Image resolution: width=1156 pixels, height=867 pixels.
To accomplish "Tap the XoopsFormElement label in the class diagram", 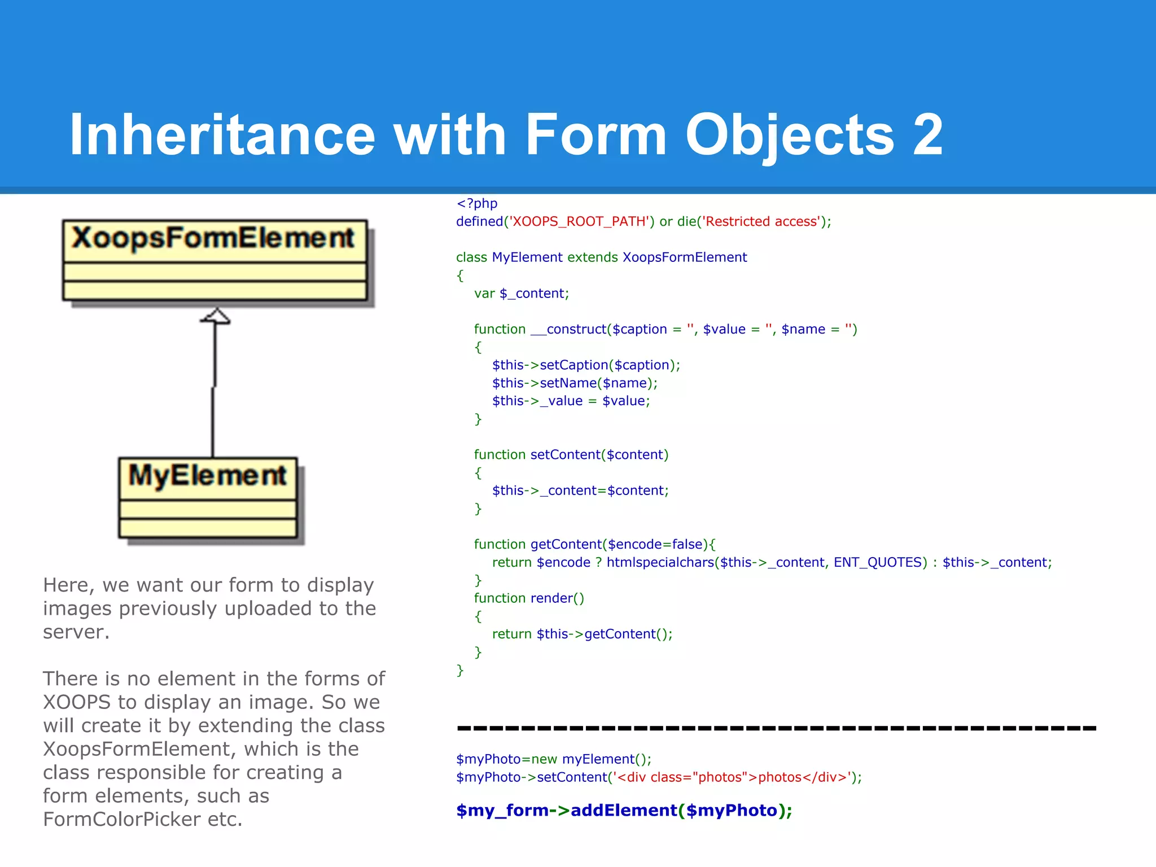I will (213, 238).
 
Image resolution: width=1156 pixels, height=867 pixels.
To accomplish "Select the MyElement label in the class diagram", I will (208, 475).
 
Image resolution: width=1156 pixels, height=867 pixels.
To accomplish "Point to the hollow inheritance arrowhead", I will (215, 316).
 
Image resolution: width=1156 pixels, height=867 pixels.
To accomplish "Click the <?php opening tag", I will (477, 203).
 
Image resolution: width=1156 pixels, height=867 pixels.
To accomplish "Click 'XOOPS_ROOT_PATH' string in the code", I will (579, 221).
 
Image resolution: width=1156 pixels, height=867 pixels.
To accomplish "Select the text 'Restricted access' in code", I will (761, 221).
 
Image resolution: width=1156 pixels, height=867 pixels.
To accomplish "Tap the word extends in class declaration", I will (592, 257).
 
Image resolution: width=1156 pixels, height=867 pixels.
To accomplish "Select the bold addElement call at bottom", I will (624, 811).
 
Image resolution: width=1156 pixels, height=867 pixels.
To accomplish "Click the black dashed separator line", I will (776, 728).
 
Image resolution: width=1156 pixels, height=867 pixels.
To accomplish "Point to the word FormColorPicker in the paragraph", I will (121, 819).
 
